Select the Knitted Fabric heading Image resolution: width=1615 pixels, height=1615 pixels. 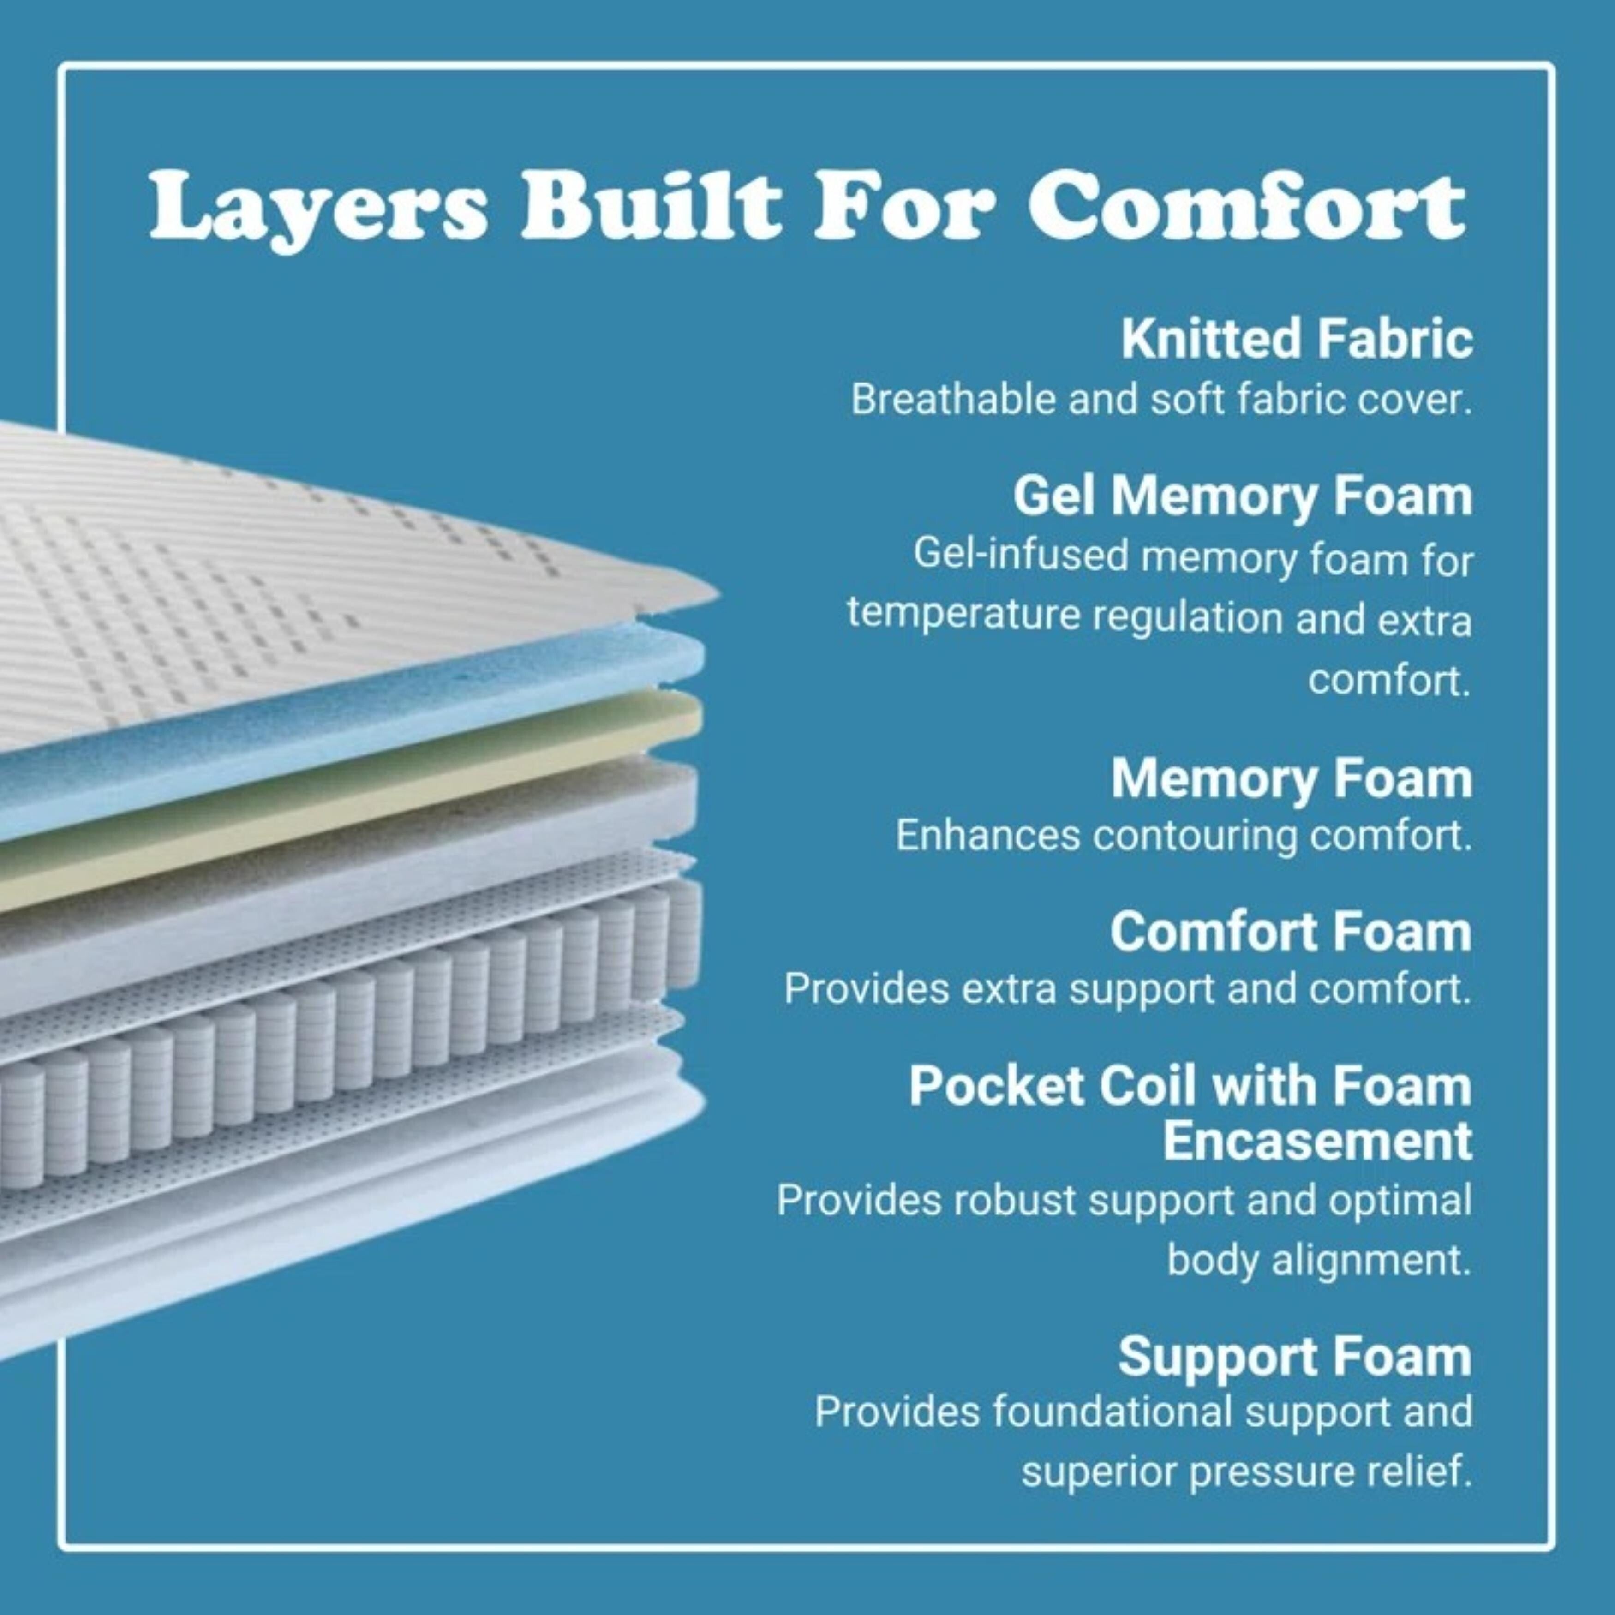point(1296,340)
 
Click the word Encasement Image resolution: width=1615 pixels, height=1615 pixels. point(1316,1140)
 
